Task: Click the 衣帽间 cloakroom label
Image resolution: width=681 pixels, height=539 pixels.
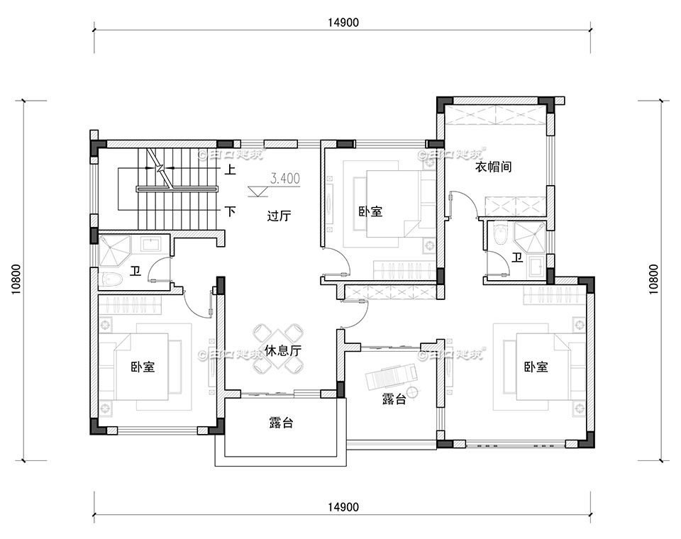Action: tap(493, 167)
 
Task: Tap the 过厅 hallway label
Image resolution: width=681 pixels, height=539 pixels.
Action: tap(279, 216)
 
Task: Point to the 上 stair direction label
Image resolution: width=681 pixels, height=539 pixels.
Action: tap(231, 170)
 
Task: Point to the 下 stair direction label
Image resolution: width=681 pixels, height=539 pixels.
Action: tap(231, 211)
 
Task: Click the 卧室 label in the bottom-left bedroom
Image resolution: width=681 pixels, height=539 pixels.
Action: tap(143, 367)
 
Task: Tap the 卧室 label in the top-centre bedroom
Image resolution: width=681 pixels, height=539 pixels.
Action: tap(370, 211)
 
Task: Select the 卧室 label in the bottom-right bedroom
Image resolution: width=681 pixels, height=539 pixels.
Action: tap(536, 367)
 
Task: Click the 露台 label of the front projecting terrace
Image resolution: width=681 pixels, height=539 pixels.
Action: tap(281, 423)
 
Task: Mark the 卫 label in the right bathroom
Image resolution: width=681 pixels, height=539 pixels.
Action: tap(518, 257)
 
